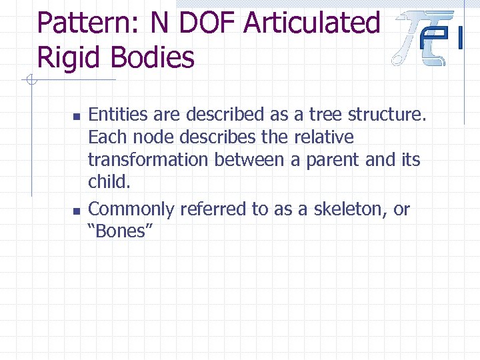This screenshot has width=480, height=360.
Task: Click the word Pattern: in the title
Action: (89, 23)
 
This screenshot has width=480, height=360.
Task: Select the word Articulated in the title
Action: (312, 23)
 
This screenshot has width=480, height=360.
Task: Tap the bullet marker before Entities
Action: (75, 116)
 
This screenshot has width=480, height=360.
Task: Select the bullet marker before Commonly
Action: (75, 211)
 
